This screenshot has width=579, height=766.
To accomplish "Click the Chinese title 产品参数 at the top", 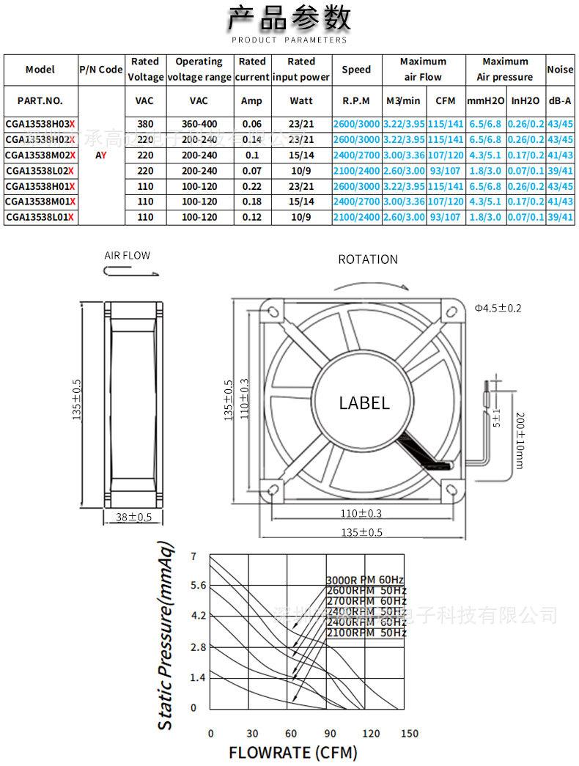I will pyautogui.click(x=289, y=18).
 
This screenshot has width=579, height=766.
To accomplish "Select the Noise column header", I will pyautogui.click(x=560, y=69).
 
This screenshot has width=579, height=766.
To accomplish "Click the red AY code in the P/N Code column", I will pyautogui.click(x=100, y=155).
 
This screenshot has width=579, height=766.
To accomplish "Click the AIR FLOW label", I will pyautogui.click(x=127, y=256).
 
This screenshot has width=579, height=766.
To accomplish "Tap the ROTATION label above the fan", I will pyautogui.click(x=368, y=259).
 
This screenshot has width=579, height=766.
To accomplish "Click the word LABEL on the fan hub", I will pyautogui.click(x=364, y=402).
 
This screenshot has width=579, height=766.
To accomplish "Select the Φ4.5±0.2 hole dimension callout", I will pyautogui.click(x=498, y=308).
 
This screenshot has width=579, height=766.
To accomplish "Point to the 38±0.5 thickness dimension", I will pyautogui.click(x=134, y=518).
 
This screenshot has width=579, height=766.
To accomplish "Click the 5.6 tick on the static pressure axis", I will pyautogui.click(x=199, y=585).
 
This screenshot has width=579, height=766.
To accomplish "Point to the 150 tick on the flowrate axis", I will pyautogui.click(x=410, y=733).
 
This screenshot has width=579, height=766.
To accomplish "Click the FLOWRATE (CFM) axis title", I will pyautogui.click(x=292, y=753).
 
